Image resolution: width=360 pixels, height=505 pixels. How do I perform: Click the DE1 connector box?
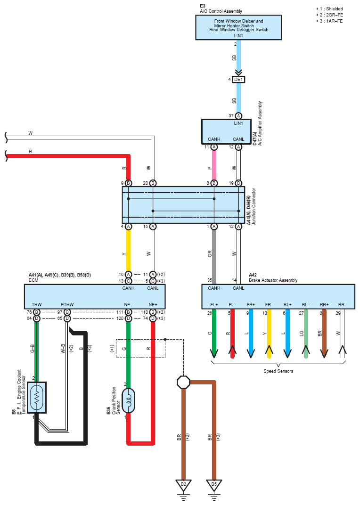pos(238,79)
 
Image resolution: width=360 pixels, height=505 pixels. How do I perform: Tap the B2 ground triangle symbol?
pos(183,485)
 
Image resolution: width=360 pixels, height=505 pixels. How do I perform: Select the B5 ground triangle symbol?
pos(214,485)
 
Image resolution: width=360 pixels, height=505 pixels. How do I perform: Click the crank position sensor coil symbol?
pos(128,400)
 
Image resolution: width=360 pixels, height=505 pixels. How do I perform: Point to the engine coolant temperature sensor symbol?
pos(37,398)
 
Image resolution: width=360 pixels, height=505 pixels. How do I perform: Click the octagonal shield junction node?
pos(183,382)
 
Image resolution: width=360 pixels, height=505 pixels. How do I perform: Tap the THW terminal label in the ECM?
pos(37,304)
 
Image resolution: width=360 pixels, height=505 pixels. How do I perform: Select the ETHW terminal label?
pos(67,304)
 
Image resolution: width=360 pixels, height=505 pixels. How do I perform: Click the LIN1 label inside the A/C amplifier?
pos(238,123)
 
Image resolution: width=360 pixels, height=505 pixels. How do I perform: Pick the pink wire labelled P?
pos(214,165)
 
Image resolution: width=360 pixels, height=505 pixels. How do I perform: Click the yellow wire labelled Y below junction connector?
pos(128,251)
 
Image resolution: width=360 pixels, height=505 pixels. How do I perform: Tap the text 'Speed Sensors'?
pos(278,371)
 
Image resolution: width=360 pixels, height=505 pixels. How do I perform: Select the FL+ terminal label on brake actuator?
pos(214,304)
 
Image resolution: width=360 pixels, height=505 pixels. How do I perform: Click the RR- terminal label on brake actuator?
pos(342,304)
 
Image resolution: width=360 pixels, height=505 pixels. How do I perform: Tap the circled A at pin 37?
pos(238,115)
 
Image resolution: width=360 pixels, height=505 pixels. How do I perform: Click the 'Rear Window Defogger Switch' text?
pos(239,30)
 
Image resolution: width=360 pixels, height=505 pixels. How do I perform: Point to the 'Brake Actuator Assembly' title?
pos(273,280)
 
